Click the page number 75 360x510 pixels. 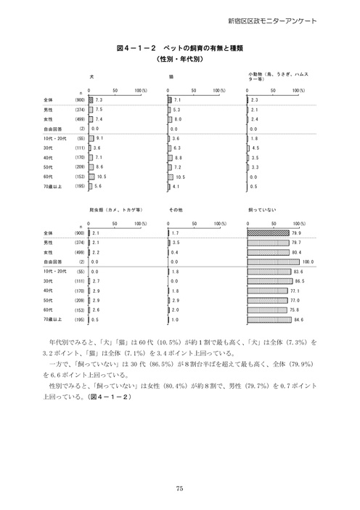(x=179, y=487)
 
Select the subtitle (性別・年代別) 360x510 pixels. (x=179, y=58)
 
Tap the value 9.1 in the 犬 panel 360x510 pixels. (x=100, y=137)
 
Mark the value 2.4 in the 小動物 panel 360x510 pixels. (x=254, y=118)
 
